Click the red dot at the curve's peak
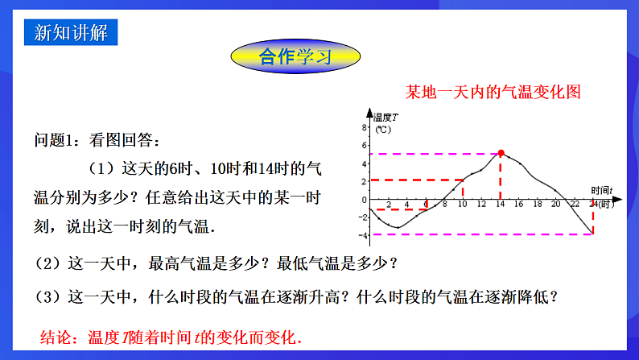coord(501,152)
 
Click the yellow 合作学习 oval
coord(295,57)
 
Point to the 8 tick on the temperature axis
coord(365,126)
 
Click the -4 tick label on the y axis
coord(364,235)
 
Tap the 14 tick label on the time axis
coord(501,205)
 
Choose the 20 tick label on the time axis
coord(555,205)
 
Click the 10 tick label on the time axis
coord(462,205)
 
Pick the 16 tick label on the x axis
coord(519,205)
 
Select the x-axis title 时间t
coord(600,190)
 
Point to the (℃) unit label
coord(383,128)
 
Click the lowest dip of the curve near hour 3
coord(397,228)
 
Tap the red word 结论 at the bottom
coord(58,337)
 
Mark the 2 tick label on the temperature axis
coord(365,180)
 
